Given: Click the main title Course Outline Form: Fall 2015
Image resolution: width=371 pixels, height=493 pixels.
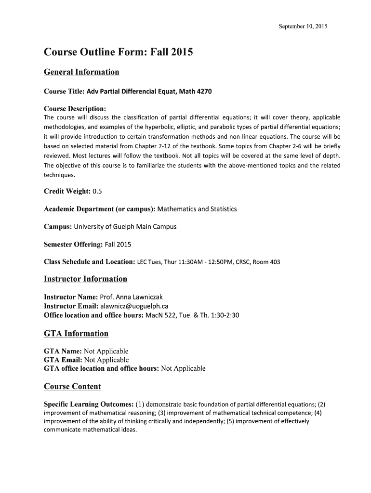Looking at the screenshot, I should click(x=118, y=52).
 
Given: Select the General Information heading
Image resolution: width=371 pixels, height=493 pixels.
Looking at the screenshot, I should click(x=81, y=72).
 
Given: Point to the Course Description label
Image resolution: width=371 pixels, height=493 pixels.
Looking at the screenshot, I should click(x=75, y=109).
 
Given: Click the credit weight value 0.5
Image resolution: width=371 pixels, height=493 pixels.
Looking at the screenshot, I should click(x=97, y=191).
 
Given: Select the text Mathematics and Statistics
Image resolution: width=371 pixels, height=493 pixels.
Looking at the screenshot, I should click(x=197, y=209).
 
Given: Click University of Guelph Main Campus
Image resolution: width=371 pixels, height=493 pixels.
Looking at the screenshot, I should click(x=125, y=226).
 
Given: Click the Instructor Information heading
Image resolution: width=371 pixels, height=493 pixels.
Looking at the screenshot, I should click(x=85, y=279).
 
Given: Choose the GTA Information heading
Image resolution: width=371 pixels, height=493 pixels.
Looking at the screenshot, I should click(x=76, y=334).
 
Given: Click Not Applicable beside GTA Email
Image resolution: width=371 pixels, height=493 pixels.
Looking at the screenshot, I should click(x=106, y=360).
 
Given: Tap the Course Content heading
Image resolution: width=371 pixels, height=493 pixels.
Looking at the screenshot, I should click(x=72, y=387).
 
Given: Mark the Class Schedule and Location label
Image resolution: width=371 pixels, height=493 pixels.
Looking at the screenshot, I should click(x=89, y=262).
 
